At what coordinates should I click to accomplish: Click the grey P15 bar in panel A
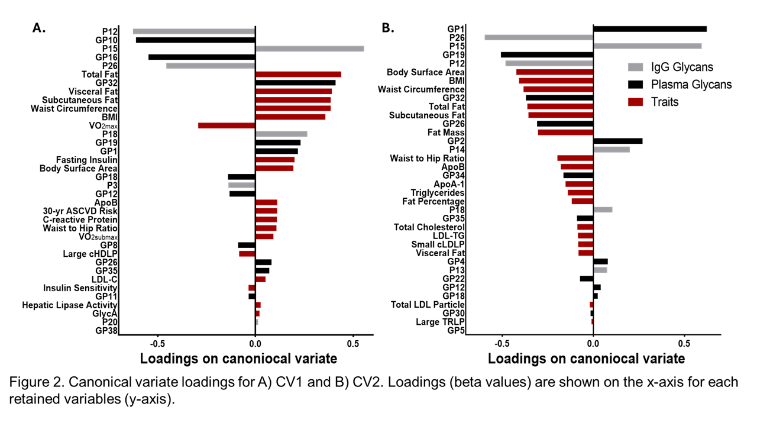309,49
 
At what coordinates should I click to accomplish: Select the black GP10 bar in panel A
195,40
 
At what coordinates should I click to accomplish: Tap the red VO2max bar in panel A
227,125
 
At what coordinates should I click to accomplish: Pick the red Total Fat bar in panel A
298,75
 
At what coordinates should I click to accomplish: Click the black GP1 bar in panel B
649,29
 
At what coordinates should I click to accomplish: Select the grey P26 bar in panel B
539,37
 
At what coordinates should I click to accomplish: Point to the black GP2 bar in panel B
617,141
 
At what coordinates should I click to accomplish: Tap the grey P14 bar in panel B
611,150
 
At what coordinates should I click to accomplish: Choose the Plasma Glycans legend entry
691,85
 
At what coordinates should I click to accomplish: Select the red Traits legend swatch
636,102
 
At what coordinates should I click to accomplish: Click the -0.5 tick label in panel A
158,343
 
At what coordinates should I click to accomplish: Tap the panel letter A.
39,28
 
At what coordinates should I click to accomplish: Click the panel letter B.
388,28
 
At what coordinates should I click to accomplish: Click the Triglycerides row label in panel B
437,193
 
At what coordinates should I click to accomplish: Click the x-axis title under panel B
586,359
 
